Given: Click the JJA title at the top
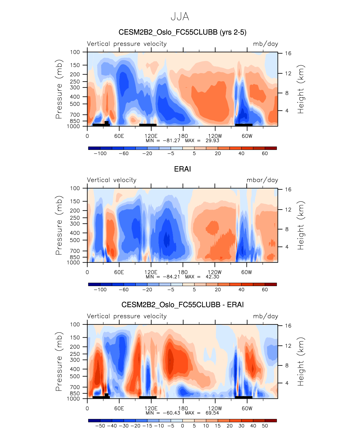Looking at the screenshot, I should (180, 17).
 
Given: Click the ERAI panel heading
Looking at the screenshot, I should (182, 169).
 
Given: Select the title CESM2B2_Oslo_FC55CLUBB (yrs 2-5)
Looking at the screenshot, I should (182, 32).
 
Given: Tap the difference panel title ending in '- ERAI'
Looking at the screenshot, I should (182, 305).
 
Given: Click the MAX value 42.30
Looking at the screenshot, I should (212, 277).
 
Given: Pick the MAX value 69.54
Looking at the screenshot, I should (212, 413).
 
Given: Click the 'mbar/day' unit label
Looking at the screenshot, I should (262, 180).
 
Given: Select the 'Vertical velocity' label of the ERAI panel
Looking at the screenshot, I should (112, 180).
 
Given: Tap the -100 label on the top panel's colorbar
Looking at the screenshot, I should (100, 154).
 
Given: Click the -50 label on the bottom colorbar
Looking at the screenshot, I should (100, 426).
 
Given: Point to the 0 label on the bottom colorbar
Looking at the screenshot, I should (182, 426).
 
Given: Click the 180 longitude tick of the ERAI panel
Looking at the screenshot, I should (183, 272).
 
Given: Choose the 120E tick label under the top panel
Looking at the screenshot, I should (151, 136).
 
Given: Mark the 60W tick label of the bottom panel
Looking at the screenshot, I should (247, 408).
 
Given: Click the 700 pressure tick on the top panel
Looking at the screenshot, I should (75, 115).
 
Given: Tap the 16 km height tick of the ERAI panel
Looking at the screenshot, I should (288, 189).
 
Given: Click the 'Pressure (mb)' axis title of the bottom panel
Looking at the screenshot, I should (59, 361).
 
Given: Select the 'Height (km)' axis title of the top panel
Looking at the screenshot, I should (301, 89).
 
